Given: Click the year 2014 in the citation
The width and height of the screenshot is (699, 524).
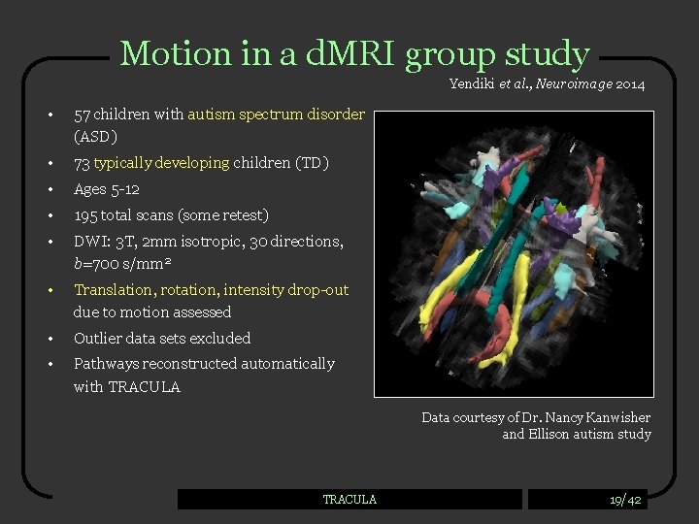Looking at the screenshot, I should click(x=628, y=84).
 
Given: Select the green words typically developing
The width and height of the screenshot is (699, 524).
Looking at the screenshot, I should click(x=162, y=163).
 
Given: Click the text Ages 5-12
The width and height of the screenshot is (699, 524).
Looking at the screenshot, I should click(x=107, y=189).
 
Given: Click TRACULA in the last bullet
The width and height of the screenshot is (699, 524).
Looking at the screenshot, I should click(x=144, y=386).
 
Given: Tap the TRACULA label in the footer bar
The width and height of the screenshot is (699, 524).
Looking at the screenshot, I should click(x=349, y=499).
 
